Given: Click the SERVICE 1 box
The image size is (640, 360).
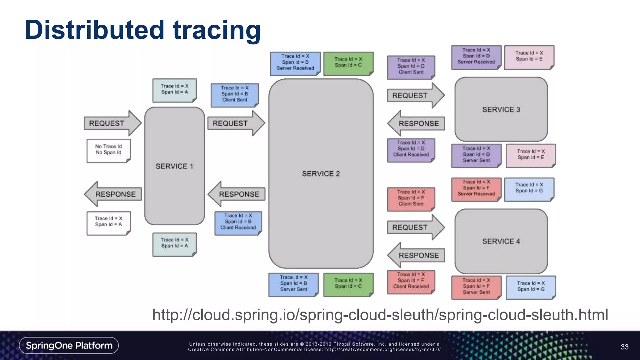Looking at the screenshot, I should coord(174,166).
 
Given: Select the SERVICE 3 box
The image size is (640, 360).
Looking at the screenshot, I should coord(501,109).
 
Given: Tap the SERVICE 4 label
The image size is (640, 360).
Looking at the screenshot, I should coord(501,241).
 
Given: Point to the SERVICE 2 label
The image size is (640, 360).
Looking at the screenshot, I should coord(321,174).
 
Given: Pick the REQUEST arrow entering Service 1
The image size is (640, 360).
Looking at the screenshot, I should coord(111,123).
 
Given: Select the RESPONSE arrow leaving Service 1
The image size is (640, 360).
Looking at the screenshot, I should coord(113,194).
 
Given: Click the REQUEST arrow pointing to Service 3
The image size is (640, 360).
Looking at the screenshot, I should coord(414,95).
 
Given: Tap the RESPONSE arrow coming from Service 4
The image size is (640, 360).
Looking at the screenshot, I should coord(416,255).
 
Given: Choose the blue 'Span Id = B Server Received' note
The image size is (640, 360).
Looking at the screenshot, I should coord(295,63).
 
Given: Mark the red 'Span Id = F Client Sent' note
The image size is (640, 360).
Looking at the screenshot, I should coord(411,198).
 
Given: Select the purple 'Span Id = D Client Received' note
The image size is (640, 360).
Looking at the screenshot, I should coord(411,149).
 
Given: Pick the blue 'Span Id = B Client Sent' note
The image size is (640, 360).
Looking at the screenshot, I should coord(234,94).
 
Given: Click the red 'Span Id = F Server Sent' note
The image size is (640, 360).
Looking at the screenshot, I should coord(476,287).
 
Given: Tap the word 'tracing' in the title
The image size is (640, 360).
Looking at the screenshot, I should coord(217,30).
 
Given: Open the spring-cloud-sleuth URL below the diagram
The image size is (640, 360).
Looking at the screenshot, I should coord(380,315).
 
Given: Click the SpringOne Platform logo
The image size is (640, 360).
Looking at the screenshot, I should coord(69,345).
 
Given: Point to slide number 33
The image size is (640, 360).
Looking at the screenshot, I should coord(624,347).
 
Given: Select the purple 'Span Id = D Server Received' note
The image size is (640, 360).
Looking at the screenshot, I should coord(476,57).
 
